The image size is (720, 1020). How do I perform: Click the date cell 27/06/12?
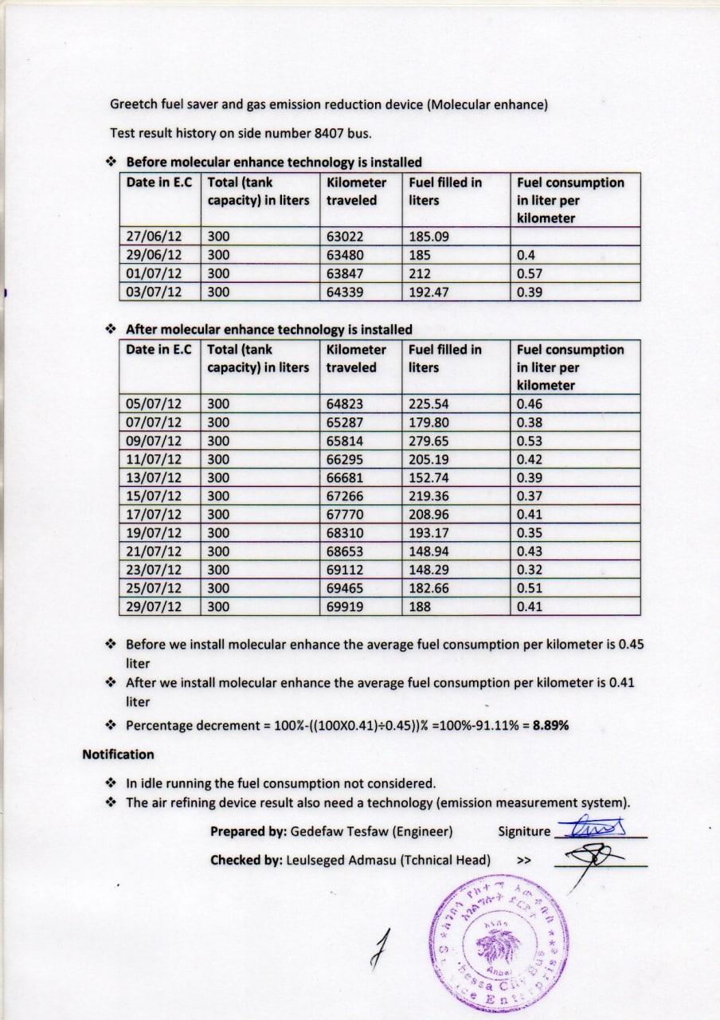tap(154, 237)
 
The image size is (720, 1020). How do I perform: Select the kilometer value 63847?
tap(344, 273)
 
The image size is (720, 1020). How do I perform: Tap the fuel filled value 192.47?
tap(428, 292)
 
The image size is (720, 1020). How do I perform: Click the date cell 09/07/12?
tap(154, 441)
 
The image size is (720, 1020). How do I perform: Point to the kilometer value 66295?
tap(344, 459)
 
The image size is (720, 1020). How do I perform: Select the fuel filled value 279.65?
tap(428, 441)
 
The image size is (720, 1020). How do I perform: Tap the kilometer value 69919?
tap(344, 606)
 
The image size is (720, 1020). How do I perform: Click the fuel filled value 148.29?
tap(428, 570)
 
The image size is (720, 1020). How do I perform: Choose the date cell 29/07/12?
tap(154, 606)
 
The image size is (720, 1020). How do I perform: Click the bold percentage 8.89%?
tap(550, 725)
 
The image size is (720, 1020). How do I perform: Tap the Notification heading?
tap(118, 754)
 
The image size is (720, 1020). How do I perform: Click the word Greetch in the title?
tap(133, 104)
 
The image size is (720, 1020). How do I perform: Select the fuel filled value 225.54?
tap(428, 404)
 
